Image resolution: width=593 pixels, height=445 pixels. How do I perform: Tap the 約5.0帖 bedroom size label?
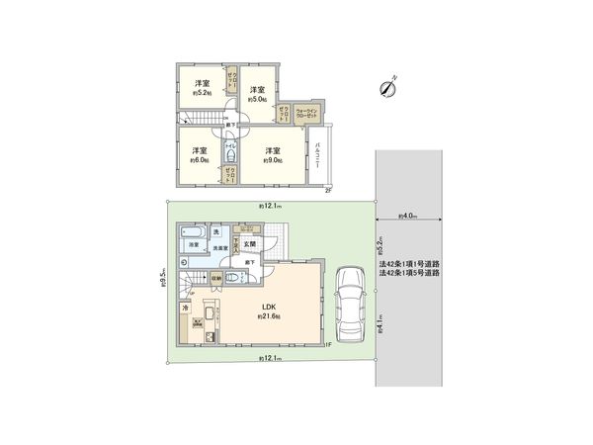pyautogui.click(x=258, y=99)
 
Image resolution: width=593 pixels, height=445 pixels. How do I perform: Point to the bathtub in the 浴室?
pyautogui.click(x=192, y=234)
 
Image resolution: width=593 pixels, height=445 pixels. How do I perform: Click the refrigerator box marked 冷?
pyautogui.click(x=185, y=309)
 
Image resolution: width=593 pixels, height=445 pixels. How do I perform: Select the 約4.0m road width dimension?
pyautogui.click(x=408, y=215)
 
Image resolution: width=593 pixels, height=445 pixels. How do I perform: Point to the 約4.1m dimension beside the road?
pyautogui.click(x=381, y=323)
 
